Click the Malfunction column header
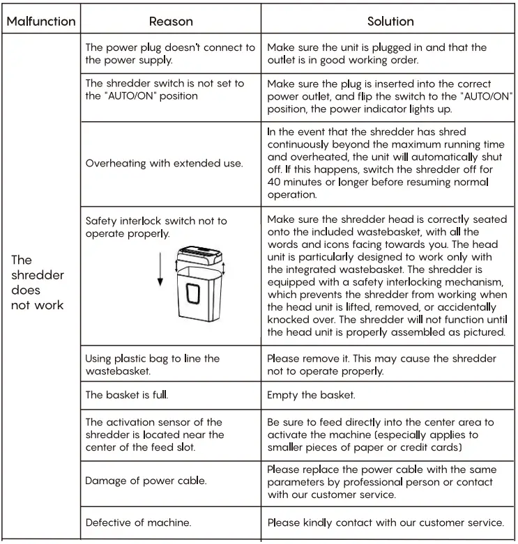[40, 21]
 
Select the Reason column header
[171, 21]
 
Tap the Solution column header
[390, 21]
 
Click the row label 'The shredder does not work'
[38, 282]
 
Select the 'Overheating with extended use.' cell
[164, 164]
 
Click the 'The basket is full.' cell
[126, 395]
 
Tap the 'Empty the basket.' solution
[311, 395]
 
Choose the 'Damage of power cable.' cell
[146, 481]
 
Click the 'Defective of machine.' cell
[138, 522]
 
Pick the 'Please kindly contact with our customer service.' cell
[386, 522]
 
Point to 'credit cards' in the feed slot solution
[427, 447]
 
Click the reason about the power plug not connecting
[170, 54]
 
